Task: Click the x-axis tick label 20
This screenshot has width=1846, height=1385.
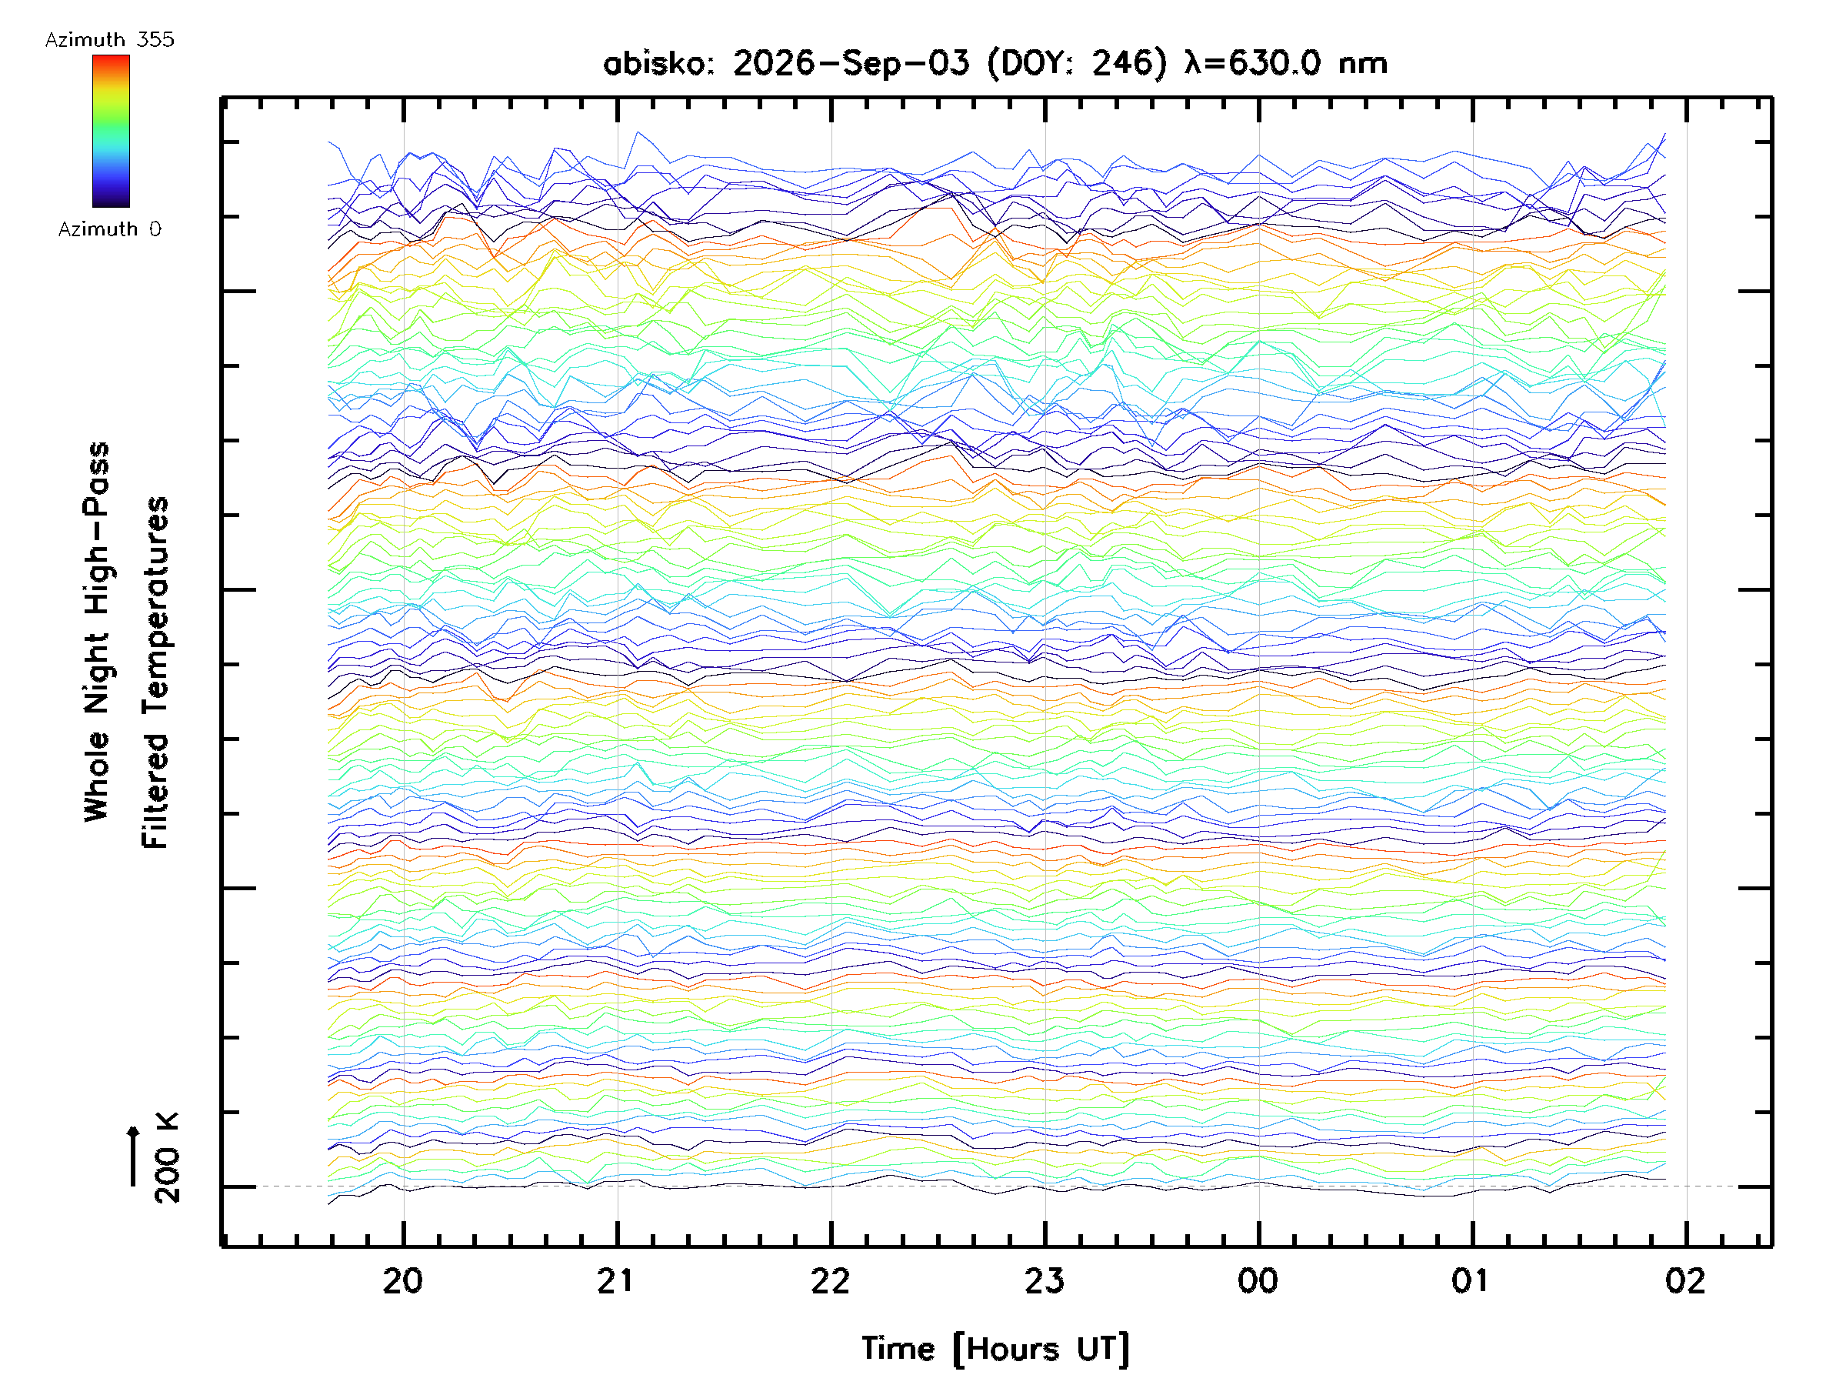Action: (403, 1280)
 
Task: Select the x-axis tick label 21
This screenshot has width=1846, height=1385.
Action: (617, 1280)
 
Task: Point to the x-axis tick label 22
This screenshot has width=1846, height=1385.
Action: (831, 1280)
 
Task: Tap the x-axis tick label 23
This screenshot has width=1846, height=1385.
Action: (1044, 1280)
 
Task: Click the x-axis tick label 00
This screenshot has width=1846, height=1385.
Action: (1258, 1280)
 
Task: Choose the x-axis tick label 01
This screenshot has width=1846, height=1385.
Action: (1471, 1280)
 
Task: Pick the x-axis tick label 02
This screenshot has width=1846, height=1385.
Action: (1685, 1280)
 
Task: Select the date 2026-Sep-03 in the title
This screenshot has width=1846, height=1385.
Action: (851, 62)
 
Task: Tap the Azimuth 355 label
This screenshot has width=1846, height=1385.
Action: (109, 39)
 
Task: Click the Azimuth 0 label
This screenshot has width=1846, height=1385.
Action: (109, 229)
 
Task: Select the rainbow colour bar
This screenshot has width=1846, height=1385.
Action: (111, 131)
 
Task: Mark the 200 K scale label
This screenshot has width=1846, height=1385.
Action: (167, 1157)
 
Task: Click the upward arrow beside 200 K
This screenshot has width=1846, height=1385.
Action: (133, 1156)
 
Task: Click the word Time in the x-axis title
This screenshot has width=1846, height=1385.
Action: (898, 1348)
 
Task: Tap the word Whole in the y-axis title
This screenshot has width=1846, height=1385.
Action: (97, 776)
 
